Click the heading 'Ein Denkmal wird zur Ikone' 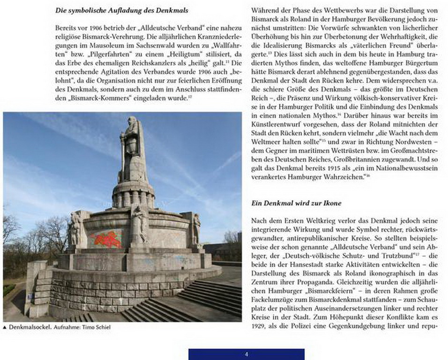coord(296,203)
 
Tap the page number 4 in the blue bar coord(246,354)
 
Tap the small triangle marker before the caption coord(5,327)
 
